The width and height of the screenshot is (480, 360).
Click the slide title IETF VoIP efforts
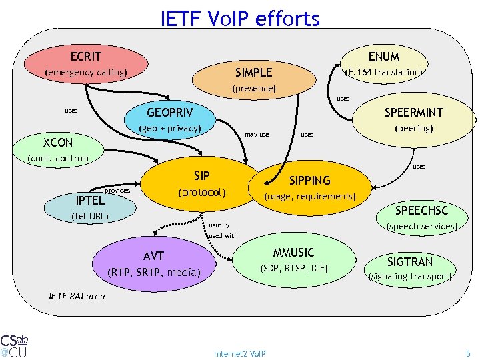click(240, 18)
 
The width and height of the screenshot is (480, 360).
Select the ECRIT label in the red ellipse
click(86, 56)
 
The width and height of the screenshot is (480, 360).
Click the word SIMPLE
click(253, 72)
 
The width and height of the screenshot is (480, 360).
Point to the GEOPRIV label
click(169, 112)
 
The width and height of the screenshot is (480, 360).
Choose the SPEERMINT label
click(413, 113)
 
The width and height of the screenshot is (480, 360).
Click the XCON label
click(58, 143)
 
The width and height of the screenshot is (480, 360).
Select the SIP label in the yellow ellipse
click(202, 176)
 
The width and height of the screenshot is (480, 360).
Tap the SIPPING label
click(309, 181)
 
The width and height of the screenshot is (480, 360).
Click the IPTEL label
click(90, 199)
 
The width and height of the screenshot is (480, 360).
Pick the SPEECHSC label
click(422, 211)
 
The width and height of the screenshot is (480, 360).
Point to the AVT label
click(153, 256)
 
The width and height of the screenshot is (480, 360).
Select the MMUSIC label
click(293, 253)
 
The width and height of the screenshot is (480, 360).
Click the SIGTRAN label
click(410, 261)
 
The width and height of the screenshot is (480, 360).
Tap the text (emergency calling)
click(85, 72)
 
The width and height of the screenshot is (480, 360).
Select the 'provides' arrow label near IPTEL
click(117, 191)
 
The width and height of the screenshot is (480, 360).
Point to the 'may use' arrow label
click(257, 135)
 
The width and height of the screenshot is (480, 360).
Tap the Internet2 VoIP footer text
click(239, 353)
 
